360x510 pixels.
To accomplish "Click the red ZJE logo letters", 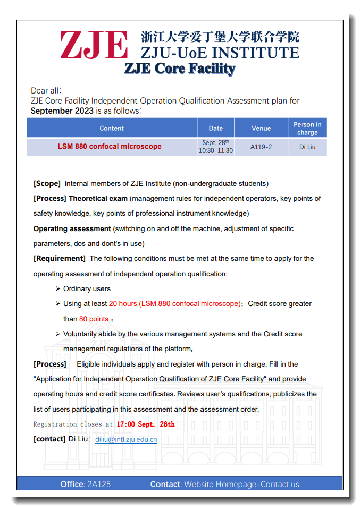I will click(x=94, y=45).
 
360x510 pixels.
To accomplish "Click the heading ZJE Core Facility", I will click(x=180, y=69).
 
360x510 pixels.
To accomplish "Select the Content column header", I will click(x=112, y=128).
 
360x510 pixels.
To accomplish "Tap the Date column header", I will click(x=216, y=128).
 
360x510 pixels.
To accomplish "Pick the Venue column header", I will click(x=261, y=128).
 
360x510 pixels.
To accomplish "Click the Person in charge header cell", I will click(x=307, y=129).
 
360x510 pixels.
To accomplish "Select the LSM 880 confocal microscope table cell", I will click(x=110, y=146).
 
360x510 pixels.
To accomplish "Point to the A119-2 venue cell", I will click(x=261, y=147).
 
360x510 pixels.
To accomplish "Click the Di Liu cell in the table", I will click(x=307, y=147).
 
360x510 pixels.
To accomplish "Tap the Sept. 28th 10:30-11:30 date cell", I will click(x=216, y=147).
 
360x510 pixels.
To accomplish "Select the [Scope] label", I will click(x=47, y=183).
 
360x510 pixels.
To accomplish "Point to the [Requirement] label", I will click(x=60, y=258).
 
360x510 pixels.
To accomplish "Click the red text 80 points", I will click(x=94, y=319).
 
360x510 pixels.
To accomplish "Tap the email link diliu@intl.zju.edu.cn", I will click(x=126, y=439).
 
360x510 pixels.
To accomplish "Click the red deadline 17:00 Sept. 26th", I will click(x=145, y=424).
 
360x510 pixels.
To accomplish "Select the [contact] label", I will click(x=49, y=439).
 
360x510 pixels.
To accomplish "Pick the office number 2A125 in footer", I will click(x=98, y=484).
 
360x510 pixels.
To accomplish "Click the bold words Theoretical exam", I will click(x=98, y=198).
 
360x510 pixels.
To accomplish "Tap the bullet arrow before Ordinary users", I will click(x=57, y=288).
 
